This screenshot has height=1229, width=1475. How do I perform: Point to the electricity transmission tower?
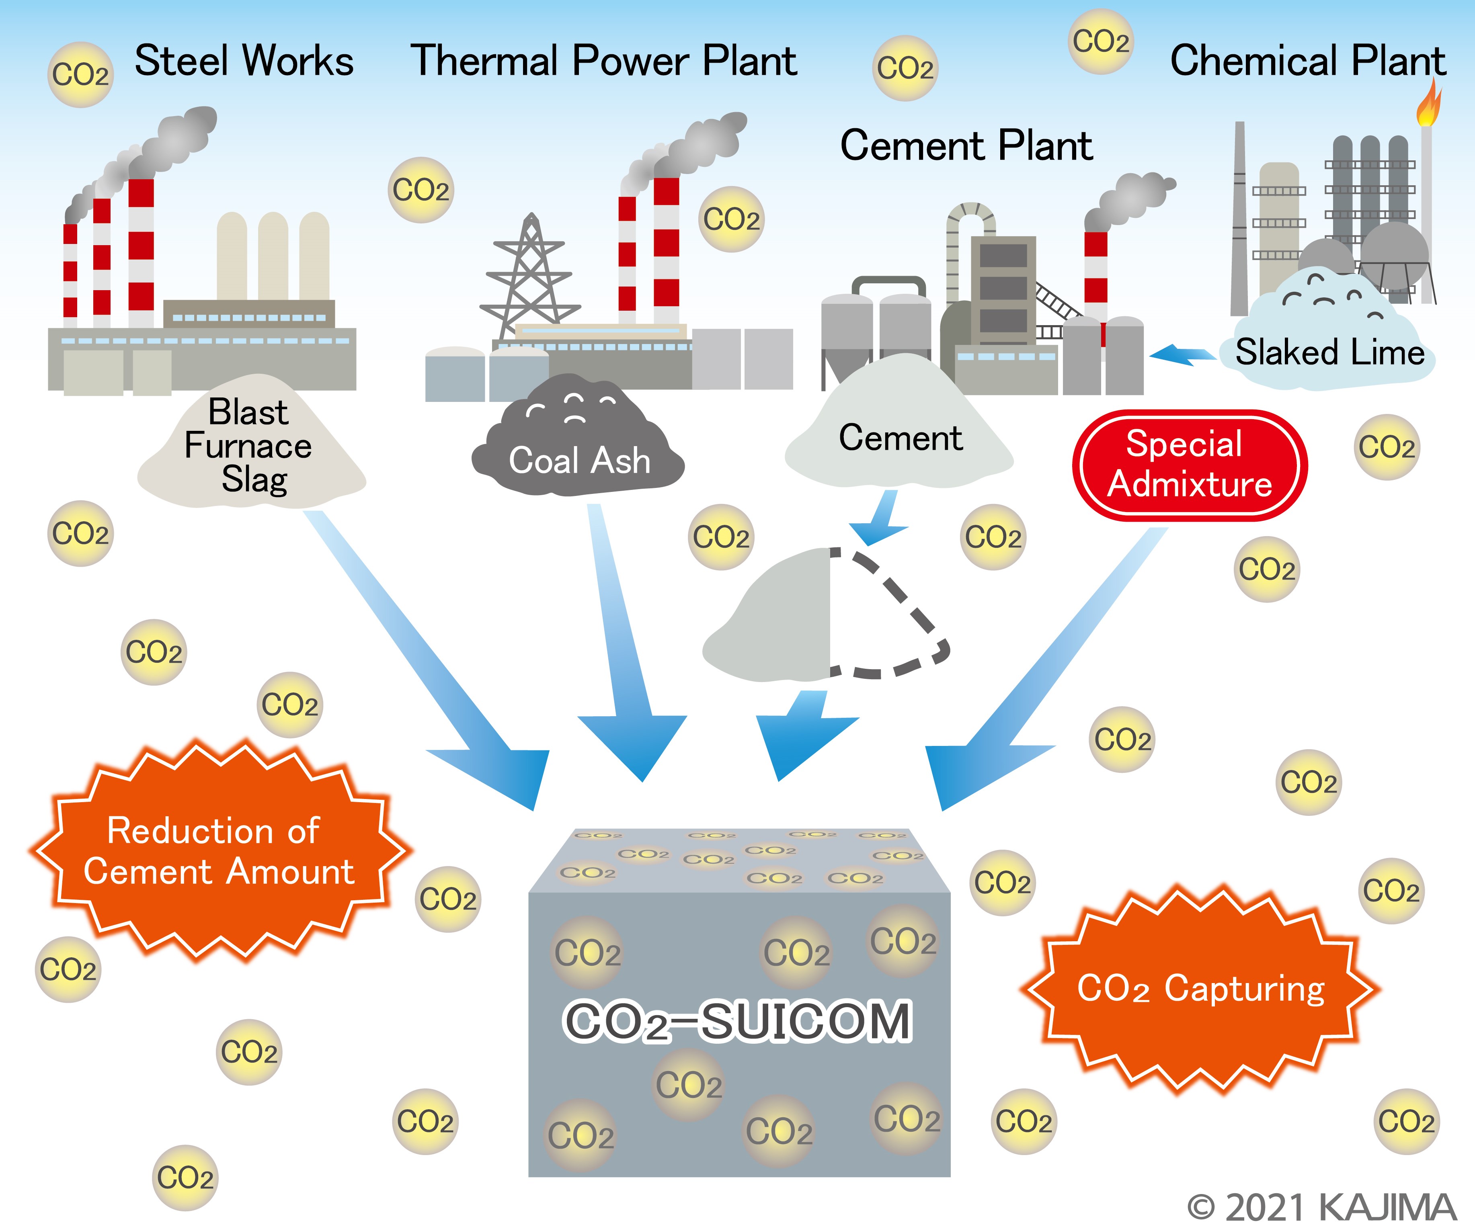pyautogui.click(x=531, y=281)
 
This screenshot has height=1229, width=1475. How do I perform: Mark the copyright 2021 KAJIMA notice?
pyautogui.click(x=1321, y=1206)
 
